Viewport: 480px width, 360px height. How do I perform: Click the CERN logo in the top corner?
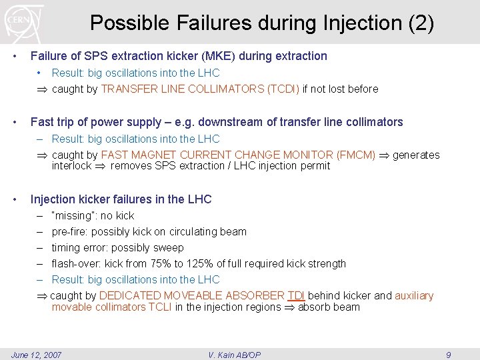click(24, 21)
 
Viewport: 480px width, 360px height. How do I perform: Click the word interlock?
click(71, 165)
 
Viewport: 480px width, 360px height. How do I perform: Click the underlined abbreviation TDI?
click(296, 295)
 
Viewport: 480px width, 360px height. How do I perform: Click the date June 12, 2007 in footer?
click(37, 355)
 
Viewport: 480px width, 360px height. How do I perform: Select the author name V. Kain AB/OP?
click(235, 355)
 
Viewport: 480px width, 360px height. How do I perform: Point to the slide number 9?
click(448, 355)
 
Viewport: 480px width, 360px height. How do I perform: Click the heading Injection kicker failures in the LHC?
click(121, 199)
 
